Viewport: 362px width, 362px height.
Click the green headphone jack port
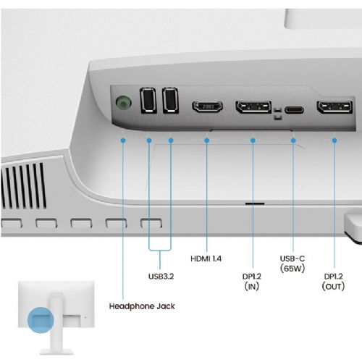(124, 103)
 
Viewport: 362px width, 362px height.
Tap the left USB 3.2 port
(148, 101)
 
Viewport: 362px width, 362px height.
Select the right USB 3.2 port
(170, 101)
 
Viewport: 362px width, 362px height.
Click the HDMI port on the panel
(207, 106)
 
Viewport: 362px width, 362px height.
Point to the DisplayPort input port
(253, 107)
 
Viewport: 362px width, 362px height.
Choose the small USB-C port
(294, 110)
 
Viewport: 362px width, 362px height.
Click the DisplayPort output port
(334, 107)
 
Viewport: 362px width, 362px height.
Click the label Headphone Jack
(142, 306)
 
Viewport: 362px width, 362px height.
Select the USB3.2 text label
(161, 276)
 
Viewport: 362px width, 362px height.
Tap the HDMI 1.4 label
(206, 258)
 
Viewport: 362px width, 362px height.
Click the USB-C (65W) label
(292, 264)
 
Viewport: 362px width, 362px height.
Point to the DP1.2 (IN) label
(252, 282)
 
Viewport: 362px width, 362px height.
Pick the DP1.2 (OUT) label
(333, 282)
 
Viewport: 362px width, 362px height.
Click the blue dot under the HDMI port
(206, 140)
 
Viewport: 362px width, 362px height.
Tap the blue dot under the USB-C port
(293, 140)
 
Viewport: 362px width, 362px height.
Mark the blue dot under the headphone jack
(123, 140)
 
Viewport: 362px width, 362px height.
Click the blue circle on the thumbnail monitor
(41, 320)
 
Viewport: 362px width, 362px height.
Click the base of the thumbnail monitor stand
(56, 351)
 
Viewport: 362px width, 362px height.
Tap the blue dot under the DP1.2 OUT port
(334, 140)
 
